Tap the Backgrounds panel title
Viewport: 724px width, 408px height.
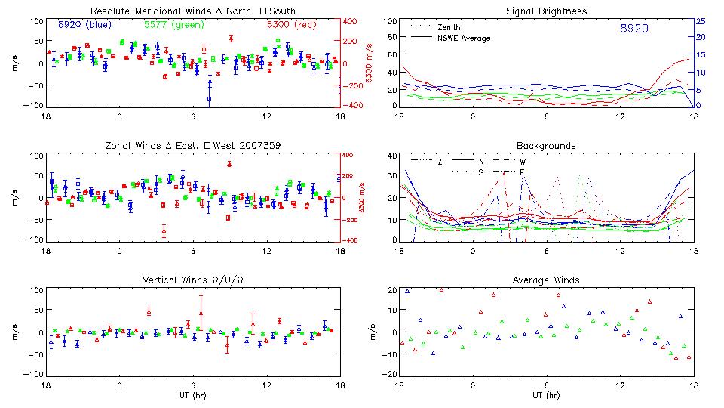tap(546, 145)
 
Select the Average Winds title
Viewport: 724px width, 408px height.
tap(546, 280)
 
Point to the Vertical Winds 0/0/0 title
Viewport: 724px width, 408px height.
tap(192, 280)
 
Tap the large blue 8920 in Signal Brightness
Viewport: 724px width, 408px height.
tap(633, 29)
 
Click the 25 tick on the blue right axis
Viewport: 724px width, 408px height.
tap(700, 21)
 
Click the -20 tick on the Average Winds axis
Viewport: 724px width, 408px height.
tap(389, 375)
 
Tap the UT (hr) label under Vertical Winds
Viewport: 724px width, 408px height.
tap(192, 395)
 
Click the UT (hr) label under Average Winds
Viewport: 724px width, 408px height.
tap(546, 395)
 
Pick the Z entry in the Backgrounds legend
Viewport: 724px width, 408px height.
tap(440, 162)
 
